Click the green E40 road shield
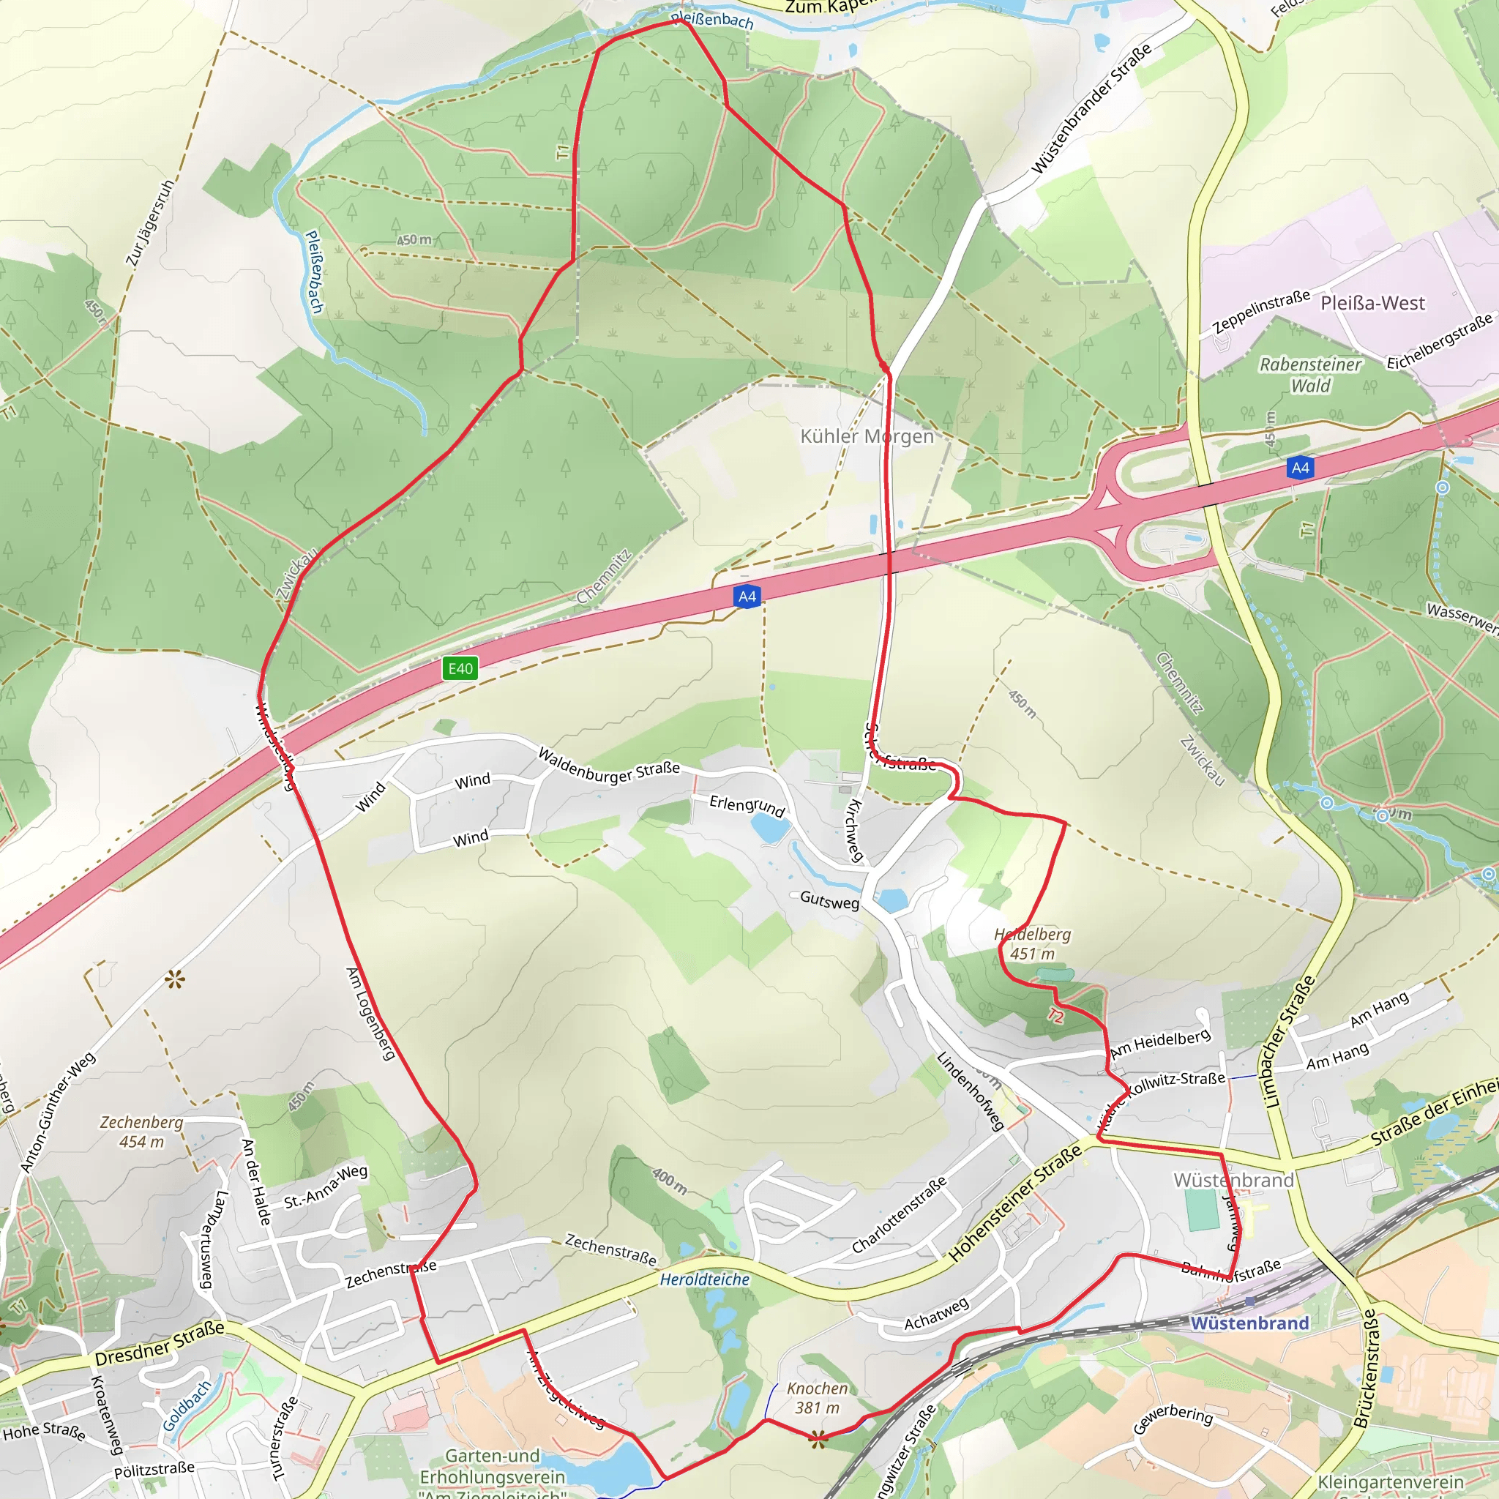coord(460,669)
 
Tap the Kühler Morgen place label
coord(867,436)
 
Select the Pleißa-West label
coord(1372,302)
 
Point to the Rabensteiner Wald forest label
coord(1310,375)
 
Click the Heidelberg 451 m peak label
coord(1033,944)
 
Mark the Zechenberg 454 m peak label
coord(142,1132)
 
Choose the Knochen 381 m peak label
coord(817,1397)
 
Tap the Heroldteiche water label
coord(705,1279)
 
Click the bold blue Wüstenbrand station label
coord(1249,1323)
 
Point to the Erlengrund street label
coord(747,805)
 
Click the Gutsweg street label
coord(829,900)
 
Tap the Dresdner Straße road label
coord(159,1343)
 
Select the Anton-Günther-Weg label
coord(59,1112)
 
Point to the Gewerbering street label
coord(1173,1418)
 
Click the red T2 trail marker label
coord(1055,1015)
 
